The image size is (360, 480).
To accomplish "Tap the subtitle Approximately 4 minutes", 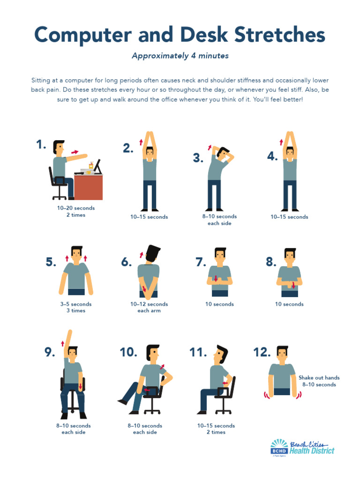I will (x=180, y=56).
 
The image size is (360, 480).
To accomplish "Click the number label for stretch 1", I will (x=41, y=145).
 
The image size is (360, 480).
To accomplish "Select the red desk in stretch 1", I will (x=88, y=187).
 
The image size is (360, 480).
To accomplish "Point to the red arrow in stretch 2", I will (x=141, y=142).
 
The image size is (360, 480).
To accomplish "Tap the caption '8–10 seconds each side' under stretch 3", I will (x=219, y=220).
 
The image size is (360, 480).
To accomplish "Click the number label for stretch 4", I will (x=272, y=157).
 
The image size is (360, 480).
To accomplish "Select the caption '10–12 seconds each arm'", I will (x=149, y=307).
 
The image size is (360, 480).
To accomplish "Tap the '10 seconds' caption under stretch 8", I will (x=289, y=304).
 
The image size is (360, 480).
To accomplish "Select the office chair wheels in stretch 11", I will (x=223, y=411).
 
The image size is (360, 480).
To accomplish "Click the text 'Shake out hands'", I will (x=319, y=378).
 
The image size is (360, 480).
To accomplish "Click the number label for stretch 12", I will (x=262, y=352).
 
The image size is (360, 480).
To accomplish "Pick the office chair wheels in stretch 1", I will (x=60, y=196).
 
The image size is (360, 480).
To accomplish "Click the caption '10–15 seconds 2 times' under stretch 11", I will (x=216, y=429).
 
